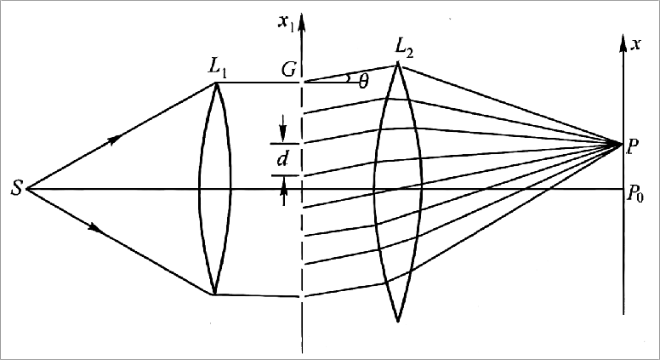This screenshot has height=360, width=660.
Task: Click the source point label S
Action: click(x=16, y=188)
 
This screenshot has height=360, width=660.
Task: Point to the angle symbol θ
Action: click(x=364, y=81)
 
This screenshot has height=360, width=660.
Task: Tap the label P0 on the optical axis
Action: click(x=636, y=195)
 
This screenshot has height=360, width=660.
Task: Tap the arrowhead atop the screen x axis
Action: click(x=624, y=38)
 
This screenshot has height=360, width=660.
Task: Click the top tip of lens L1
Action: click(x=215, y=83)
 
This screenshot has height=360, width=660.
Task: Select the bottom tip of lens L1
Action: click(x=215, y=294)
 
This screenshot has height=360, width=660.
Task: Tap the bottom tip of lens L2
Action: click(x=398, y=321)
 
